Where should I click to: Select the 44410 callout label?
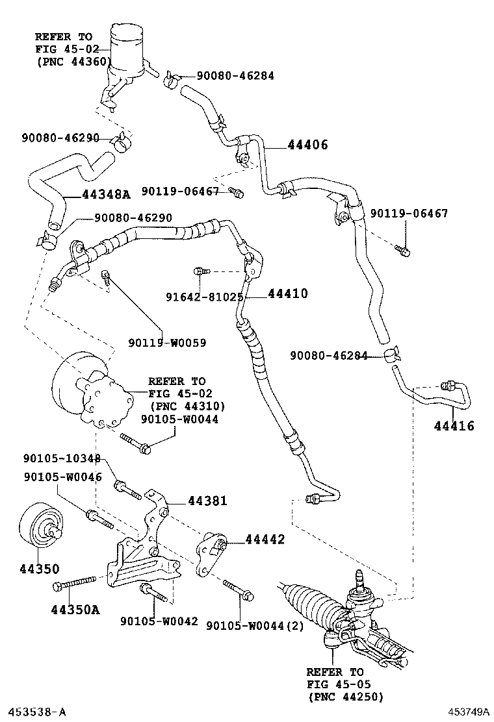point(287,293)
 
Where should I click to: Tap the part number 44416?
point(454,426)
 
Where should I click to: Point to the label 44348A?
point(106,193)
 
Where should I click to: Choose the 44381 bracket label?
point(207,501)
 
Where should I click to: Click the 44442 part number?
point(265,540)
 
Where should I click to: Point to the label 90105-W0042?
point(159,621)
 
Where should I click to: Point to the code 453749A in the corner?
point(467,712)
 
